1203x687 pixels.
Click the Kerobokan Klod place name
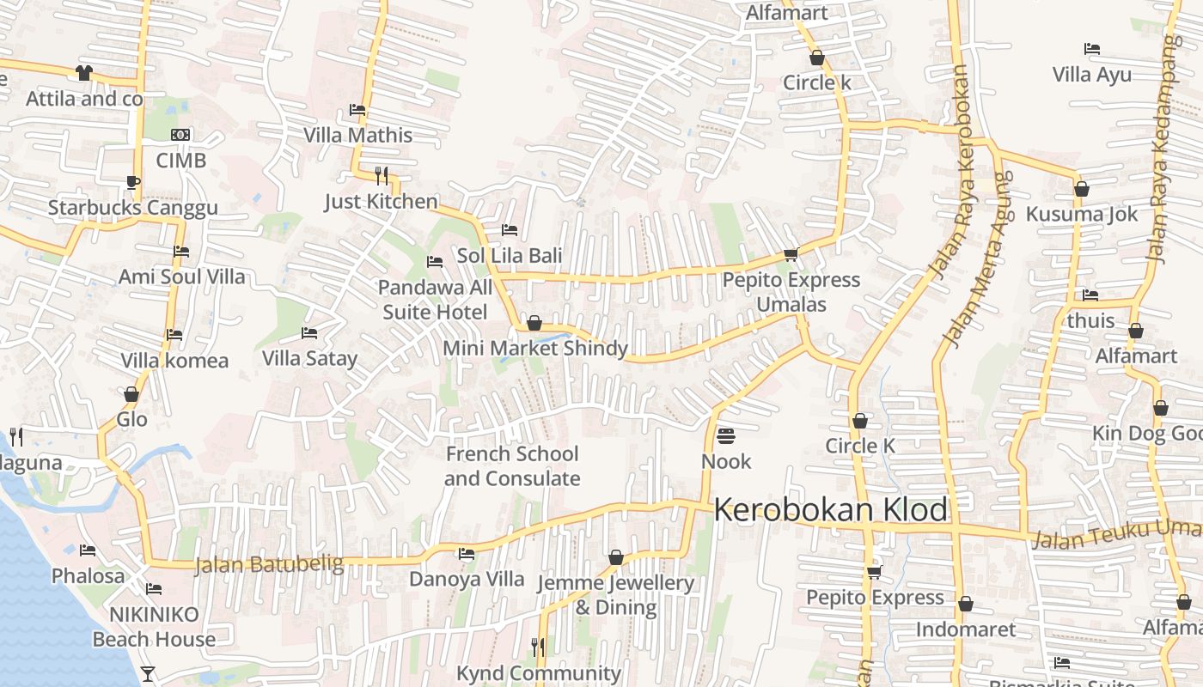tap(831, 510)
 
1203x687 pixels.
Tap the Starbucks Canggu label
tap(132, 208)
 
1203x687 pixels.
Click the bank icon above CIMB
tap(180, 135)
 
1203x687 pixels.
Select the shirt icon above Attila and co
tap(83, 73)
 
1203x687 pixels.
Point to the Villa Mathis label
tap(357, 135)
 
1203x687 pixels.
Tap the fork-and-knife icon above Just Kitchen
tap(382, 175)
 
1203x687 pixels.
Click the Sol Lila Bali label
tap(510, 255)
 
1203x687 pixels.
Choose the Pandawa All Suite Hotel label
tap(435, 300)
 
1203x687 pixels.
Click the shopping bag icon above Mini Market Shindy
tap(534, 323)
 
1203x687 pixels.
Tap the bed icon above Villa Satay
tap(309, 333)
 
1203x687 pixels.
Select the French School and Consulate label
tap(512, 466)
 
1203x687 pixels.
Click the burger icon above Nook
tap(726, 436)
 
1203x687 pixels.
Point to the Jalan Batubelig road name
tap(269, 565)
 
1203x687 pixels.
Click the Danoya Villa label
tap(467, 579)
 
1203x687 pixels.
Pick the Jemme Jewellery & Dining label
tap(615, 595)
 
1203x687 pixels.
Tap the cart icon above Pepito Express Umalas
tap(791, 254)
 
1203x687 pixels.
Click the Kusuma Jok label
tap(1082, 214)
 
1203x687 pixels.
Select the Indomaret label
tap(965, 629)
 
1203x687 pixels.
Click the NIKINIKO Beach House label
tap(154, 627)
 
